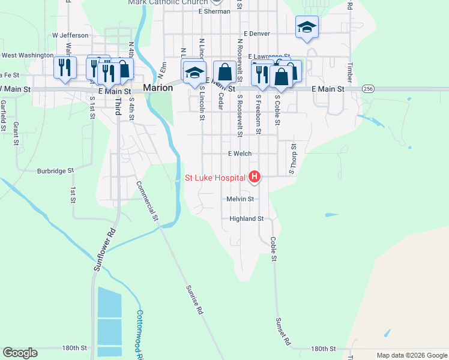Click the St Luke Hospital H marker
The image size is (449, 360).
click(255, 177)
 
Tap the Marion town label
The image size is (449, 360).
click(157, 88)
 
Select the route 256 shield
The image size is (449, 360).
click(369, 88)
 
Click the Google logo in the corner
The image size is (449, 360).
click(20, 352)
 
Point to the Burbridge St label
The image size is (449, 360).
click(55, 170)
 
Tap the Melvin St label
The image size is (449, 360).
click(240, 199)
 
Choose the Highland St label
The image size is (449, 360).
click(246, 219)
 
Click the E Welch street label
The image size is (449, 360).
click(240, 154)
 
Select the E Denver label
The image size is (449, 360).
click(256, 34)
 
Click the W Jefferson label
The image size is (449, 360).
click(70, 35)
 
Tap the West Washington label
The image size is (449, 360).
click(28, 55)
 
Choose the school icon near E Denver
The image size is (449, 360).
click(307, 27)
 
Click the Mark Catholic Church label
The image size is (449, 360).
click(167, 2)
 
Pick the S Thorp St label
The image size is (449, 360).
click(294, 158)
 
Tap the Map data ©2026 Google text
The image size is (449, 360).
click(412, 355)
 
